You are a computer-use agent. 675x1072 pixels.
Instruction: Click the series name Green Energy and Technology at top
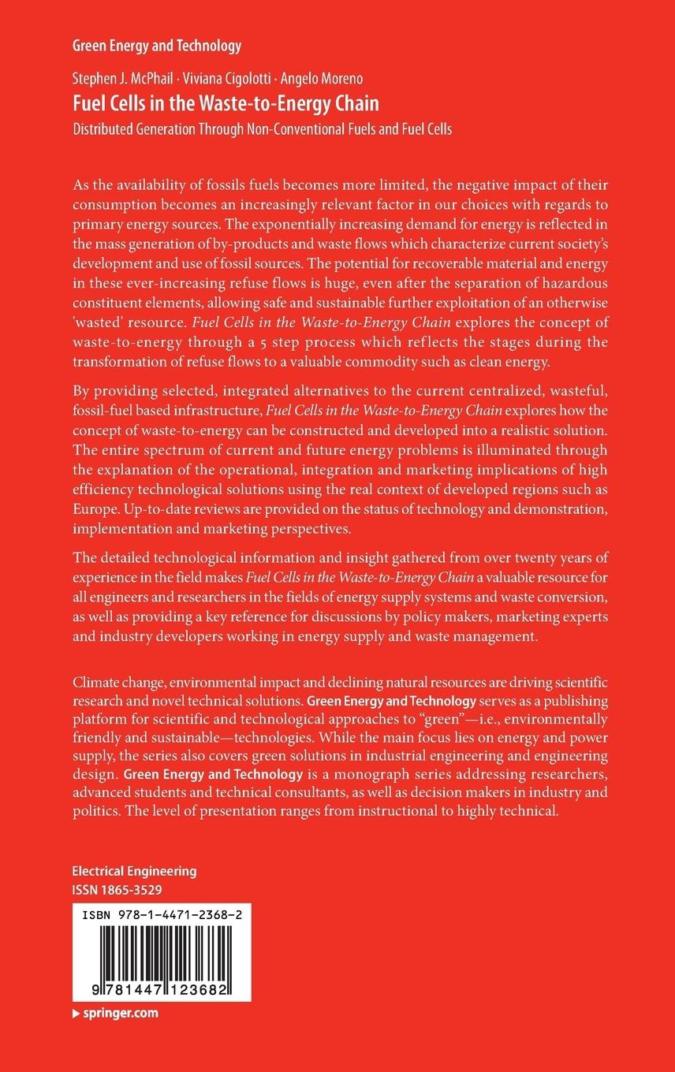tap(157, 47)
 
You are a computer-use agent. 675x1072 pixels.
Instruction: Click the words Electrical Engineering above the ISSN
tap(134, 872)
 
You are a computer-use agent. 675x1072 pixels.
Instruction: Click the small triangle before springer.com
tap(76, 1013)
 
